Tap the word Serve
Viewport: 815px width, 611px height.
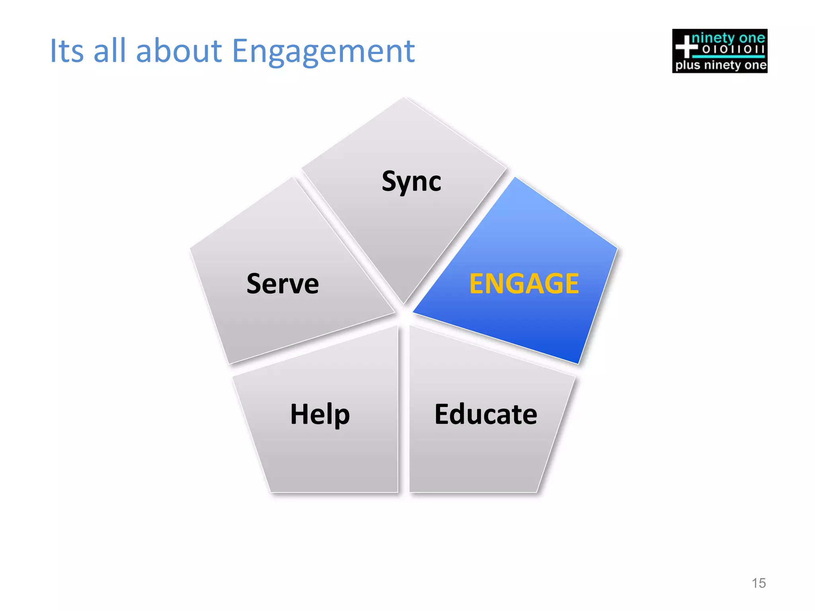(283, 284)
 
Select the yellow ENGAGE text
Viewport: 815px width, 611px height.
(524, 284)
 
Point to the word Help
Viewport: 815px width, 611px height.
(320, 414)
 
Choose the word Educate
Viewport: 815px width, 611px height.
(486, 414)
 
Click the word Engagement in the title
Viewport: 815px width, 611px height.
(323, 52)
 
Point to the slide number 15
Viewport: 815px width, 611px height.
(758, 583)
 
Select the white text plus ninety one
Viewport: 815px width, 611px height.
(721, 65)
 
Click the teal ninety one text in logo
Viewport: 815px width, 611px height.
(728, 38)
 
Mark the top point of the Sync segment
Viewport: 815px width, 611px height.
(404, 99)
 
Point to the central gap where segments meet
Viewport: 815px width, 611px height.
(404, 316)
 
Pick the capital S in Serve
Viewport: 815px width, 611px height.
(255, 284)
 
